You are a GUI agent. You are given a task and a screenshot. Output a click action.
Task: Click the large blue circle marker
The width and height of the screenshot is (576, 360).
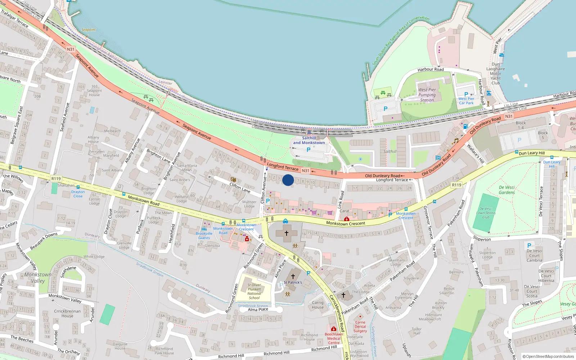(x=288, y=180)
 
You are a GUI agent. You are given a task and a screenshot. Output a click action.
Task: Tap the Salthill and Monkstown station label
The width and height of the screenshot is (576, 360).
(x=309, y=140)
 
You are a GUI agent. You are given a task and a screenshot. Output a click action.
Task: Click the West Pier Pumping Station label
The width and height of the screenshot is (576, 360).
(x=427, y=95)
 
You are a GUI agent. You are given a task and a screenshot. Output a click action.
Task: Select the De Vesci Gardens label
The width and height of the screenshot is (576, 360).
(x=507, y=190)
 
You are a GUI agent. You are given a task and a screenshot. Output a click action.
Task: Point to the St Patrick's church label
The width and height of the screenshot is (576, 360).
(x=293, y=283)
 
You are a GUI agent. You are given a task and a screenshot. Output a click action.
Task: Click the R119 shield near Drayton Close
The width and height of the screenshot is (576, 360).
(x=56, y=179)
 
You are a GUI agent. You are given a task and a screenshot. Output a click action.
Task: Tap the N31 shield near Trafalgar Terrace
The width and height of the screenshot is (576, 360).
(x=71, y=49)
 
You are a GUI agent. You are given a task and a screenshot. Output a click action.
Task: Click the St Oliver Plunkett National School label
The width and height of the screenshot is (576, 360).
(x=254, y=291)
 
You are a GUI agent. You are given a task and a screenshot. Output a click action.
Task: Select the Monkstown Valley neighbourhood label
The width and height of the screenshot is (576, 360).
(x=38, y=278)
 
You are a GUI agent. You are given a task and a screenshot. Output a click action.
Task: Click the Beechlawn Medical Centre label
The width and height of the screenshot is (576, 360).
(x=334, y=338)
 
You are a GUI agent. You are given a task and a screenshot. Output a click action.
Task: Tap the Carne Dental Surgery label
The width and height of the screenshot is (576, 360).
(x=360, y=327)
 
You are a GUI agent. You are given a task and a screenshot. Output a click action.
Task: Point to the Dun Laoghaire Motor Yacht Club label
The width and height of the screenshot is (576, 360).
(x=496, y=73)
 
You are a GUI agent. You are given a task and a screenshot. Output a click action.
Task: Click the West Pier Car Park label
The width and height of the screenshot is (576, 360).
(x=466, y=101)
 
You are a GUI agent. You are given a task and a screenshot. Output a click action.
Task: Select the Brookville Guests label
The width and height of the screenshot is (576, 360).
(x=204, y=236)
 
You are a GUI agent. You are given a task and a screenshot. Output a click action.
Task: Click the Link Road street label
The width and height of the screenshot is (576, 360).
(x=340, y=199)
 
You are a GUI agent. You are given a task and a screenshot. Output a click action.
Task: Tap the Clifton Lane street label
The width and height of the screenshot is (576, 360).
(x=240, y=188)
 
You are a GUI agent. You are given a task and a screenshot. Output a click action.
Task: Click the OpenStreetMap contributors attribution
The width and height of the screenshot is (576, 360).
(x=549, y=356)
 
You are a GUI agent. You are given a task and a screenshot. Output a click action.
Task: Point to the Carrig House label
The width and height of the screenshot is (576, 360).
(x=318, y=305)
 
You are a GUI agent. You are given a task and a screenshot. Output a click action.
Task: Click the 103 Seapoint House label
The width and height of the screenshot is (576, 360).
(x=94, y=91)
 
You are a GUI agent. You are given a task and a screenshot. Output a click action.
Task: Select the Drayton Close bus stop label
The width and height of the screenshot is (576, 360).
(x=78, y=194)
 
